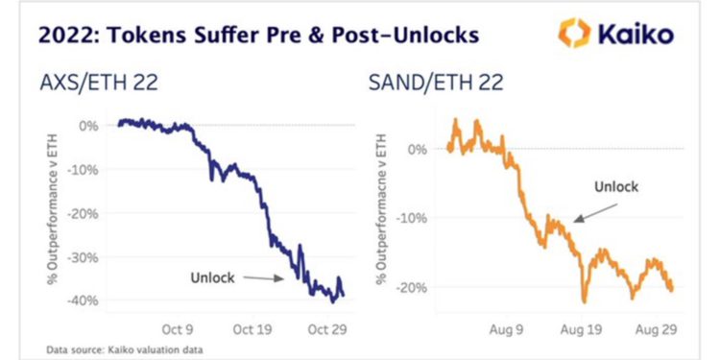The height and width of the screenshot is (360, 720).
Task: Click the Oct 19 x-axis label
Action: pyautogui.click(x=252, y=328)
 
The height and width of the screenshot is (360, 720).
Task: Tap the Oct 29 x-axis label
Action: pyautogui.click(x=324, y=328)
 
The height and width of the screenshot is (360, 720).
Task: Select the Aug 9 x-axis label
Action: pyautogui.click(x=508, y=328)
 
